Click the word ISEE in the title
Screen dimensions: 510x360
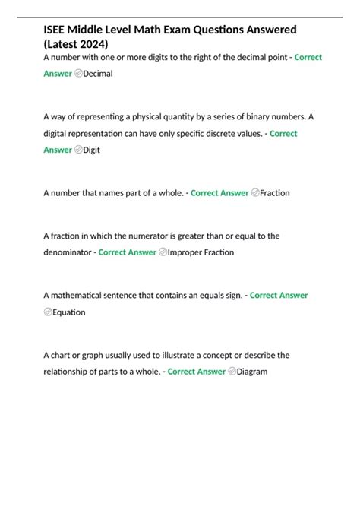pos(57,29)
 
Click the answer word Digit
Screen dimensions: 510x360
pos(91,150)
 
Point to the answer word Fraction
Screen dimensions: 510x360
pos(274,193)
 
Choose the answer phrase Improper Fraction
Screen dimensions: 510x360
pos(201,252)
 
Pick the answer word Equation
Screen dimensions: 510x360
pos(69,312)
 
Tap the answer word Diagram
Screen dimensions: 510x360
pos(252,372)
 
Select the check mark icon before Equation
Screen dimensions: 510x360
pos(48,312)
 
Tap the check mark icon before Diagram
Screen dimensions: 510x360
pos(231,372)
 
